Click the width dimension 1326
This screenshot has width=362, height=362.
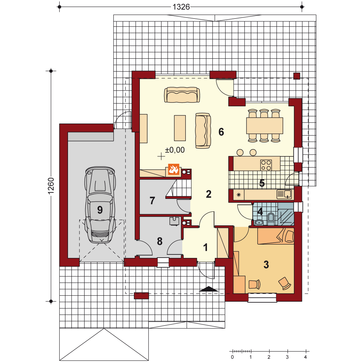(x=181, y=7)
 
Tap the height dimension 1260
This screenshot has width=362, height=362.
(x=50, y=186)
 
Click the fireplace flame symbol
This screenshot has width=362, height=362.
(x=174, y=169)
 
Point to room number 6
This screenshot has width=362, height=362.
(x=221, y=132)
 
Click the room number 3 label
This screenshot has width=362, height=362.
(x=266, y=265)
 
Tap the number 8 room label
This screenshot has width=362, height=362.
(x=160, y=241)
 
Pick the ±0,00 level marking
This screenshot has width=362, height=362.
(x=175, y=150)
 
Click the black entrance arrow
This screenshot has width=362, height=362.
(x=209, y=289)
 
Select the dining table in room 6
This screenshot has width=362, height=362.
(x=265, y=125)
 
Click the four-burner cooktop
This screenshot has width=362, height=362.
(x=266, y=165)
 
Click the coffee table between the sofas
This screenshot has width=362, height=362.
(x=180, y=128)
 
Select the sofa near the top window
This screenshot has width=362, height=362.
(x=182, y=95)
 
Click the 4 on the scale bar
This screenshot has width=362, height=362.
(x=306, y=357)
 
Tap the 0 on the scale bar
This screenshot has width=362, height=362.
(x=232, y=357)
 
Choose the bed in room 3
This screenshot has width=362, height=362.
(x=276, y=236)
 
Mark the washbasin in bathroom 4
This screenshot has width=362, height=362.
(x=260, y=222)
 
